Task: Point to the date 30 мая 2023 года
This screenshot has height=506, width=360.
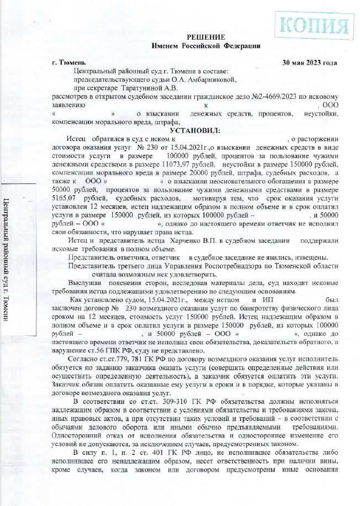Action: (x=309, y=62)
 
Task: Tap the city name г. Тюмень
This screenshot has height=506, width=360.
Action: (x=67, y=62)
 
